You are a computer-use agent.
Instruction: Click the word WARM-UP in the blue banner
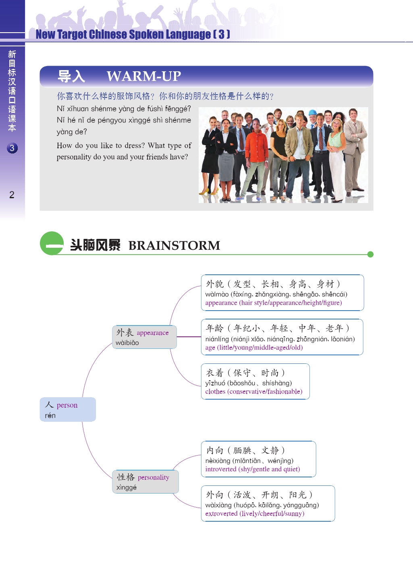tap(143, 76)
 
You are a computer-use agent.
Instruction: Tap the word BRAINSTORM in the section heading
tap(174, 245)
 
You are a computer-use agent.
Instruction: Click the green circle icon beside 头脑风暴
tap(52, 243)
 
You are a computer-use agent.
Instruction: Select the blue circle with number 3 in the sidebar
tap(12, 148)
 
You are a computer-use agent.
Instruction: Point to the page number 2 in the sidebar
tap(12, 195)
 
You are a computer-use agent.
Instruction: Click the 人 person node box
tap(68, 409)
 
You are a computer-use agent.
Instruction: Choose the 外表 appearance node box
tap(144, 337)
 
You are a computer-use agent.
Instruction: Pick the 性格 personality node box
tap(145, 481)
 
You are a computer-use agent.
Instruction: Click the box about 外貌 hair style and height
tap(282, 293)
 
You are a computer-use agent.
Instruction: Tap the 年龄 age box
tap(282, 337)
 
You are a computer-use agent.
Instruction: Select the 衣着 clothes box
tap(255, 382)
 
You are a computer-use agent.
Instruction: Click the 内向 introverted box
tap(258, 459)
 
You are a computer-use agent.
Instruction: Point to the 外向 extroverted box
tap(268, 504)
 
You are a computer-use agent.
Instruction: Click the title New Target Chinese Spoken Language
tap(133, 35)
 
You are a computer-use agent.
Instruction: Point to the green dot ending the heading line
tap(370, 254)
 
